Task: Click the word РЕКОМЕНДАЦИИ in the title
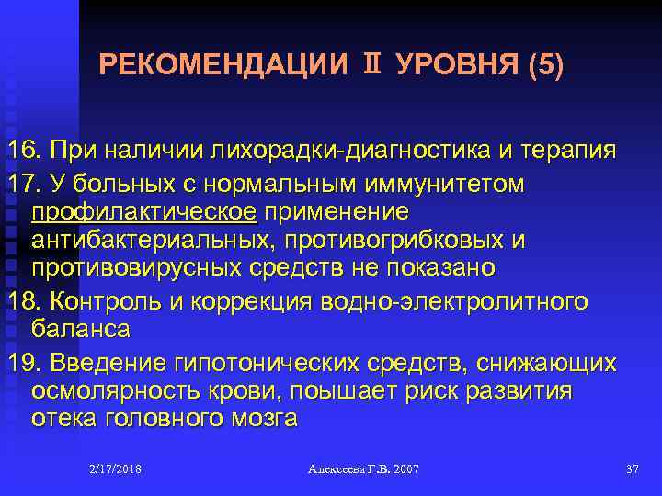(223, 66)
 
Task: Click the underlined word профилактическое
(145, 212)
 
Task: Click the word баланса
(80, 329)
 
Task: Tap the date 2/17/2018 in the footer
(115, 469)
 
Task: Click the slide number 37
(631, 469)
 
